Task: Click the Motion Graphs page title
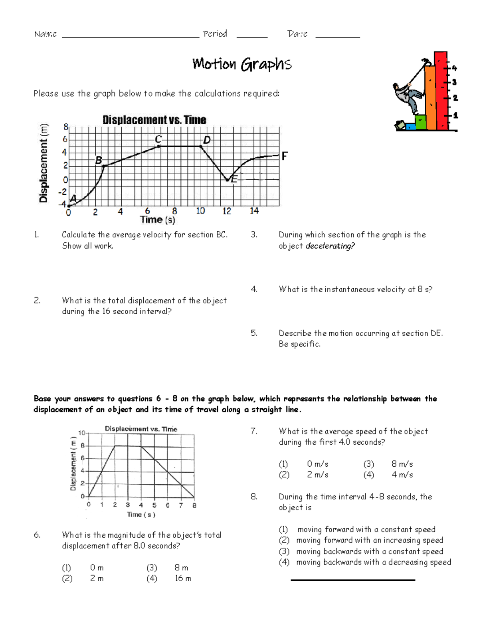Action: (242, 64)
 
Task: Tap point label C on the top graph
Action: (158, 139)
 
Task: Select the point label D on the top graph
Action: (207, 140)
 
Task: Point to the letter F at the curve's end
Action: (284, 156)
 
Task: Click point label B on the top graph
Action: (98, 160)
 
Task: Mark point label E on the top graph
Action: (234, 179)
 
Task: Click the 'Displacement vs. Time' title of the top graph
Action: (154, 120)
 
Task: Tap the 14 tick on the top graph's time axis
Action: (254, 211)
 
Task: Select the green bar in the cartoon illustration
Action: (420, 122)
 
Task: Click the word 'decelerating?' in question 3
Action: (330, 246)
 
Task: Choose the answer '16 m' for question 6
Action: (183, 578)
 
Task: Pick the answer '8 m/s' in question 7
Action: (402, 464)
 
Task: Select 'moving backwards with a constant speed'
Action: (369, 551)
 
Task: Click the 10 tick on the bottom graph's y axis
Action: (81, 433)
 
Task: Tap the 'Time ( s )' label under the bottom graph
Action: (141, 515)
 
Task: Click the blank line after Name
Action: (131, 36)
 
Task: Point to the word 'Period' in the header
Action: (215, 34)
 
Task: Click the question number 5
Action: (254, 333)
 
